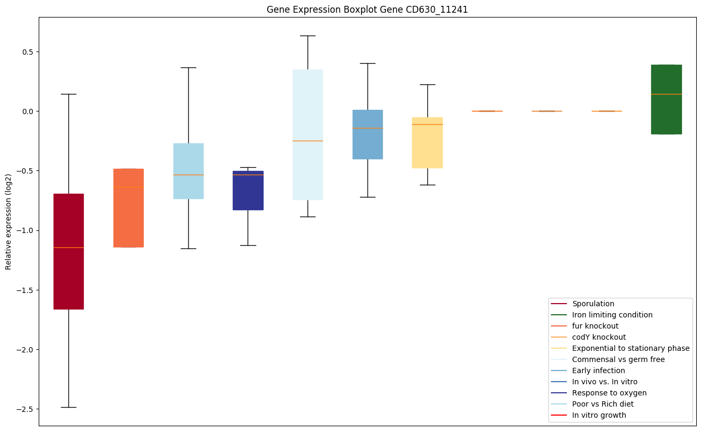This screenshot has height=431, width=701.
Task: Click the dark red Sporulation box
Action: click(68, 276)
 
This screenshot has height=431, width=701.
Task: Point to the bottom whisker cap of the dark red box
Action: click(68, 407)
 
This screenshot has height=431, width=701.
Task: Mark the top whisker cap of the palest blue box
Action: click(308, 36)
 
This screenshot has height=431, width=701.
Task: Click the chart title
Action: click(367, 10)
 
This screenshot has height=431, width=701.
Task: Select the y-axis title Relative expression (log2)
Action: click(8, 221)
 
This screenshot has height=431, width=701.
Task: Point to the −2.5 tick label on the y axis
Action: click(23, 409)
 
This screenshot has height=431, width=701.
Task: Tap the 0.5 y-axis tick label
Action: click(27, 52)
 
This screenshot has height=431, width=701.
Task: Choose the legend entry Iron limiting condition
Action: click(612, 315)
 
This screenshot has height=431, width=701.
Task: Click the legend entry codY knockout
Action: click(599, 337)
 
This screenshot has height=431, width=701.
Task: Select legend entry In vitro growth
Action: click(599, 415)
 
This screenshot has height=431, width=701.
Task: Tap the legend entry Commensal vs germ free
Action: click(618, 359)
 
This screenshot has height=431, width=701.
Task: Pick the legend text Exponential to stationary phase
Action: click(630, 348)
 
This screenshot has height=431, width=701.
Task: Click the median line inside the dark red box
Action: click(68, 247)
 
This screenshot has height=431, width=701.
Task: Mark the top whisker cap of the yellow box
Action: click(427, 84)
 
